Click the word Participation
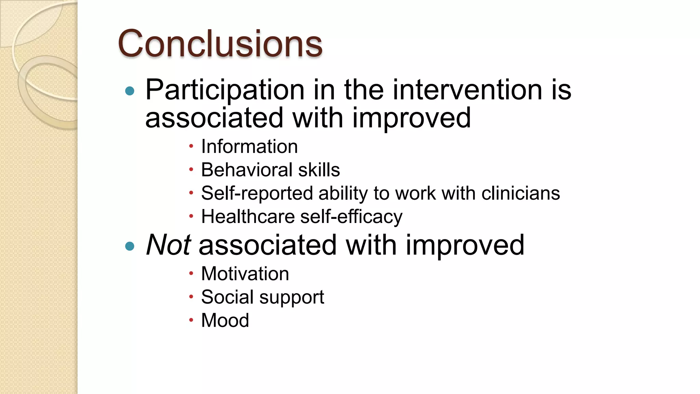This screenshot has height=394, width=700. point(225,90)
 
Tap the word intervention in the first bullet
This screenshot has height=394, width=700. point(467,90)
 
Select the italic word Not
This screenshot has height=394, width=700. point(168,245)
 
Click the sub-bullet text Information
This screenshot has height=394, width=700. point(249,146)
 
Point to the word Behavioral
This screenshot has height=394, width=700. point(246,170)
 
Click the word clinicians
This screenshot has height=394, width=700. point(521,193)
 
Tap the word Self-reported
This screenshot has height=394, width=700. point(257,193)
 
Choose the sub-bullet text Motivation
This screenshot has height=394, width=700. point(245,274)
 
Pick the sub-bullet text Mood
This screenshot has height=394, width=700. point(225,320)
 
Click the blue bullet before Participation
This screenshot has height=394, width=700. point(130,91)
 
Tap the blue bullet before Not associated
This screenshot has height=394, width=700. point(130,246)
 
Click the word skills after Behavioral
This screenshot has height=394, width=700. point(319,170)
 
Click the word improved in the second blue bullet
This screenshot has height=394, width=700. point(465,245)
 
